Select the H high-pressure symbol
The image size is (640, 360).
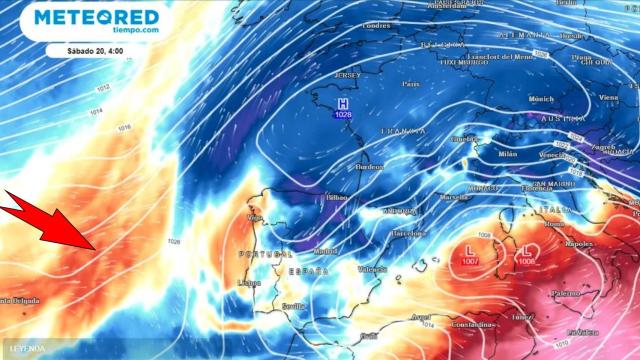(x=343, y=104)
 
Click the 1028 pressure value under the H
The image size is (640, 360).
(x=343, y=116)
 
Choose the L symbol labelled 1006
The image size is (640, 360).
(x=527, y=250)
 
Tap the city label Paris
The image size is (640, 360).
(x=410, y=84)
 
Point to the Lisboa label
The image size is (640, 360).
(x=250, y=283)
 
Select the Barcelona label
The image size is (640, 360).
(x=407, y=233)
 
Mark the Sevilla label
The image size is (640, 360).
(x=294, y=306)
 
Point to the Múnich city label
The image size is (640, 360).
(x=540, y=100)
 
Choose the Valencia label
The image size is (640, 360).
(x=372, y=269)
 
